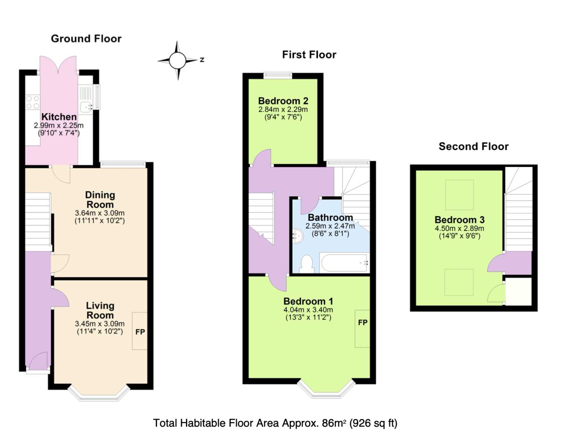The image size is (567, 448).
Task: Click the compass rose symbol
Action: [x=178, y=60]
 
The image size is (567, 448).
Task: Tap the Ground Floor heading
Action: [x=86, y=39]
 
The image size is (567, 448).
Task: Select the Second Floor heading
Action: [x=473, y=146]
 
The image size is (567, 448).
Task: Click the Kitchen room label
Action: [x=59, y=117]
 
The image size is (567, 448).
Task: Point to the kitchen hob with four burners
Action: [x=32, y=102]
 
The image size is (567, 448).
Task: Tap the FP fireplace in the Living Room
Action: [x=140, y=331]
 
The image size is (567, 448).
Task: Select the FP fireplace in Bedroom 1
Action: [x=362, y=323]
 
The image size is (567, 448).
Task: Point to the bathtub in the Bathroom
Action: [x=344, y=263]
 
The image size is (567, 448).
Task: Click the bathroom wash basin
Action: [x=297, y=236]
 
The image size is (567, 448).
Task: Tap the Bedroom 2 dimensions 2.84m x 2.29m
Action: [x=283, y=110]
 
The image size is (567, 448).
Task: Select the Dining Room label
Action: [x=100, y=200]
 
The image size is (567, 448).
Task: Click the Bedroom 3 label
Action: [x=459, y=220]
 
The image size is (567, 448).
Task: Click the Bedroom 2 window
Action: [x=278, y=75]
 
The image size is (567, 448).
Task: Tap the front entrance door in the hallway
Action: [x=38, y=362]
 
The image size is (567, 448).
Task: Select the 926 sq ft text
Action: [x=373, y=423]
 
